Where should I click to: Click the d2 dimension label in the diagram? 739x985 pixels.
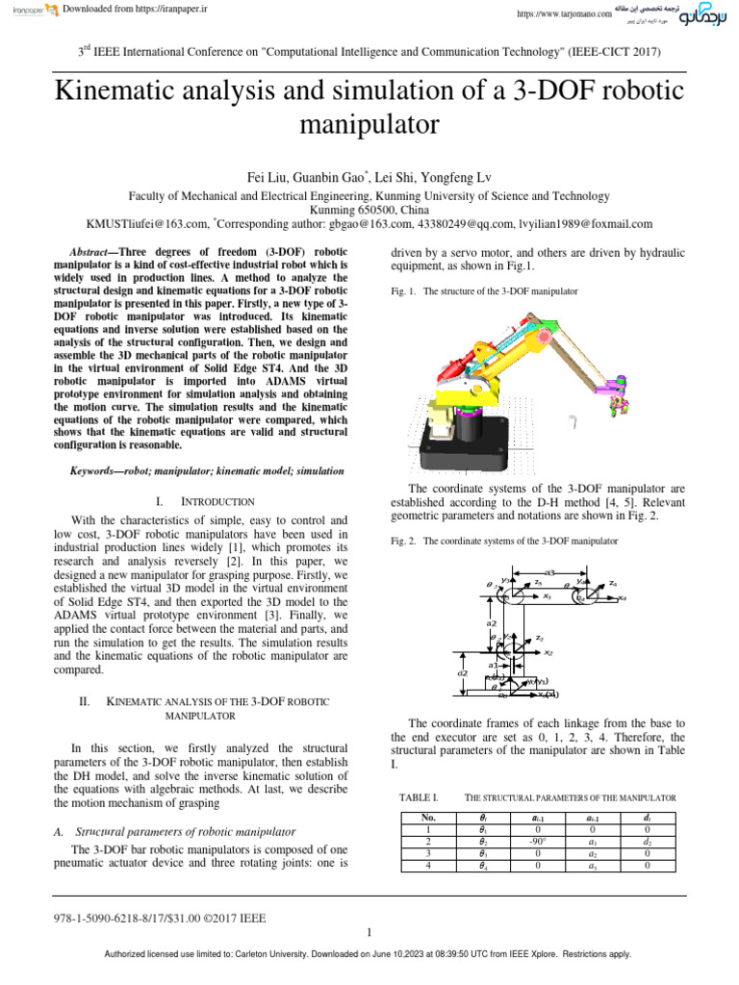463,673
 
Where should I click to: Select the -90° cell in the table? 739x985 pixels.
538,841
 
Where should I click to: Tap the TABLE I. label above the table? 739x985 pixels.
418,797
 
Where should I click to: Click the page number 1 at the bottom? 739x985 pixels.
369,933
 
